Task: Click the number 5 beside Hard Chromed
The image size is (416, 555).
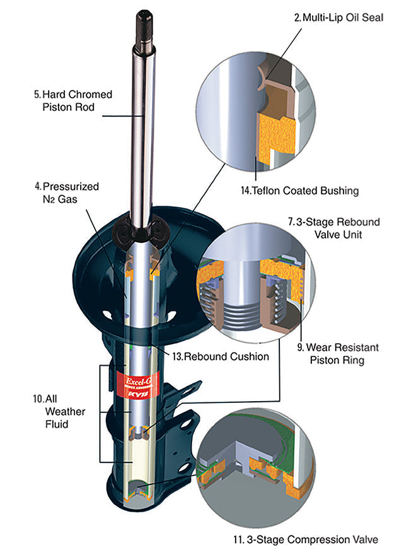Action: click(x=37, y=95)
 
